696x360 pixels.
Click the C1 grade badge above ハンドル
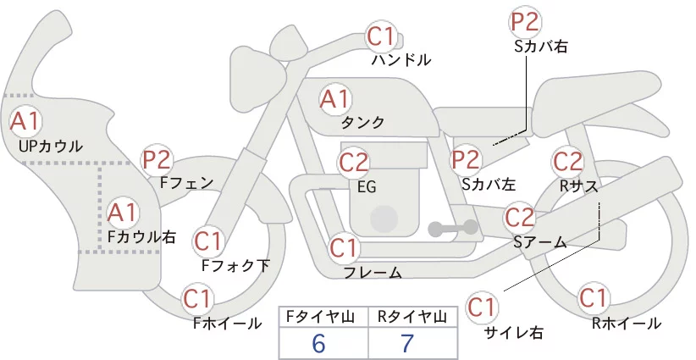[x=380, y=36]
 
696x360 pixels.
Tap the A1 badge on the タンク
[x=334, y=99]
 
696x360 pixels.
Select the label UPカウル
[x=51, y=146]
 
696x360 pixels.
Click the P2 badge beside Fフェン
[x=157, y=160]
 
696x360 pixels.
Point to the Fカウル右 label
[x=142, y=236]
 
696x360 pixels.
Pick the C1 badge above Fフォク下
[x=207, y=242]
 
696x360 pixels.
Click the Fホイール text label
[x=227, y=324]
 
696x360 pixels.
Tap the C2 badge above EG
[x=353, y=163]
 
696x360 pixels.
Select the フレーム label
[x=373, y=273]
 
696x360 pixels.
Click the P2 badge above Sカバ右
[x=524, y=22]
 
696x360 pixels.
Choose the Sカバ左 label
[x=489, y=184]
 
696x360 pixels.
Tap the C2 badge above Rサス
[x=566, y=161]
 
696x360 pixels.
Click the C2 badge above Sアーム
[x=519, y=218]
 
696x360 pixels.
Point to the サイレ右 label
[x=514, y=332]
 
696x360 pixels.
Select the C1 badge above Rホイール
[x=593, y=298]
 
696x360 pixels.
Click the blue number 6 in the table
[x=318, y=343]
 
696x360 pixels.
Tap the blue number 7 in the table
[x=407, y=343]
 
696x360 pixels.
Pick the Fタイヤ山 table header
[x=320, y=317]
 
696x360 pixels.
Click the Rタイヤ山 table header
[x=412, y=317]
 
